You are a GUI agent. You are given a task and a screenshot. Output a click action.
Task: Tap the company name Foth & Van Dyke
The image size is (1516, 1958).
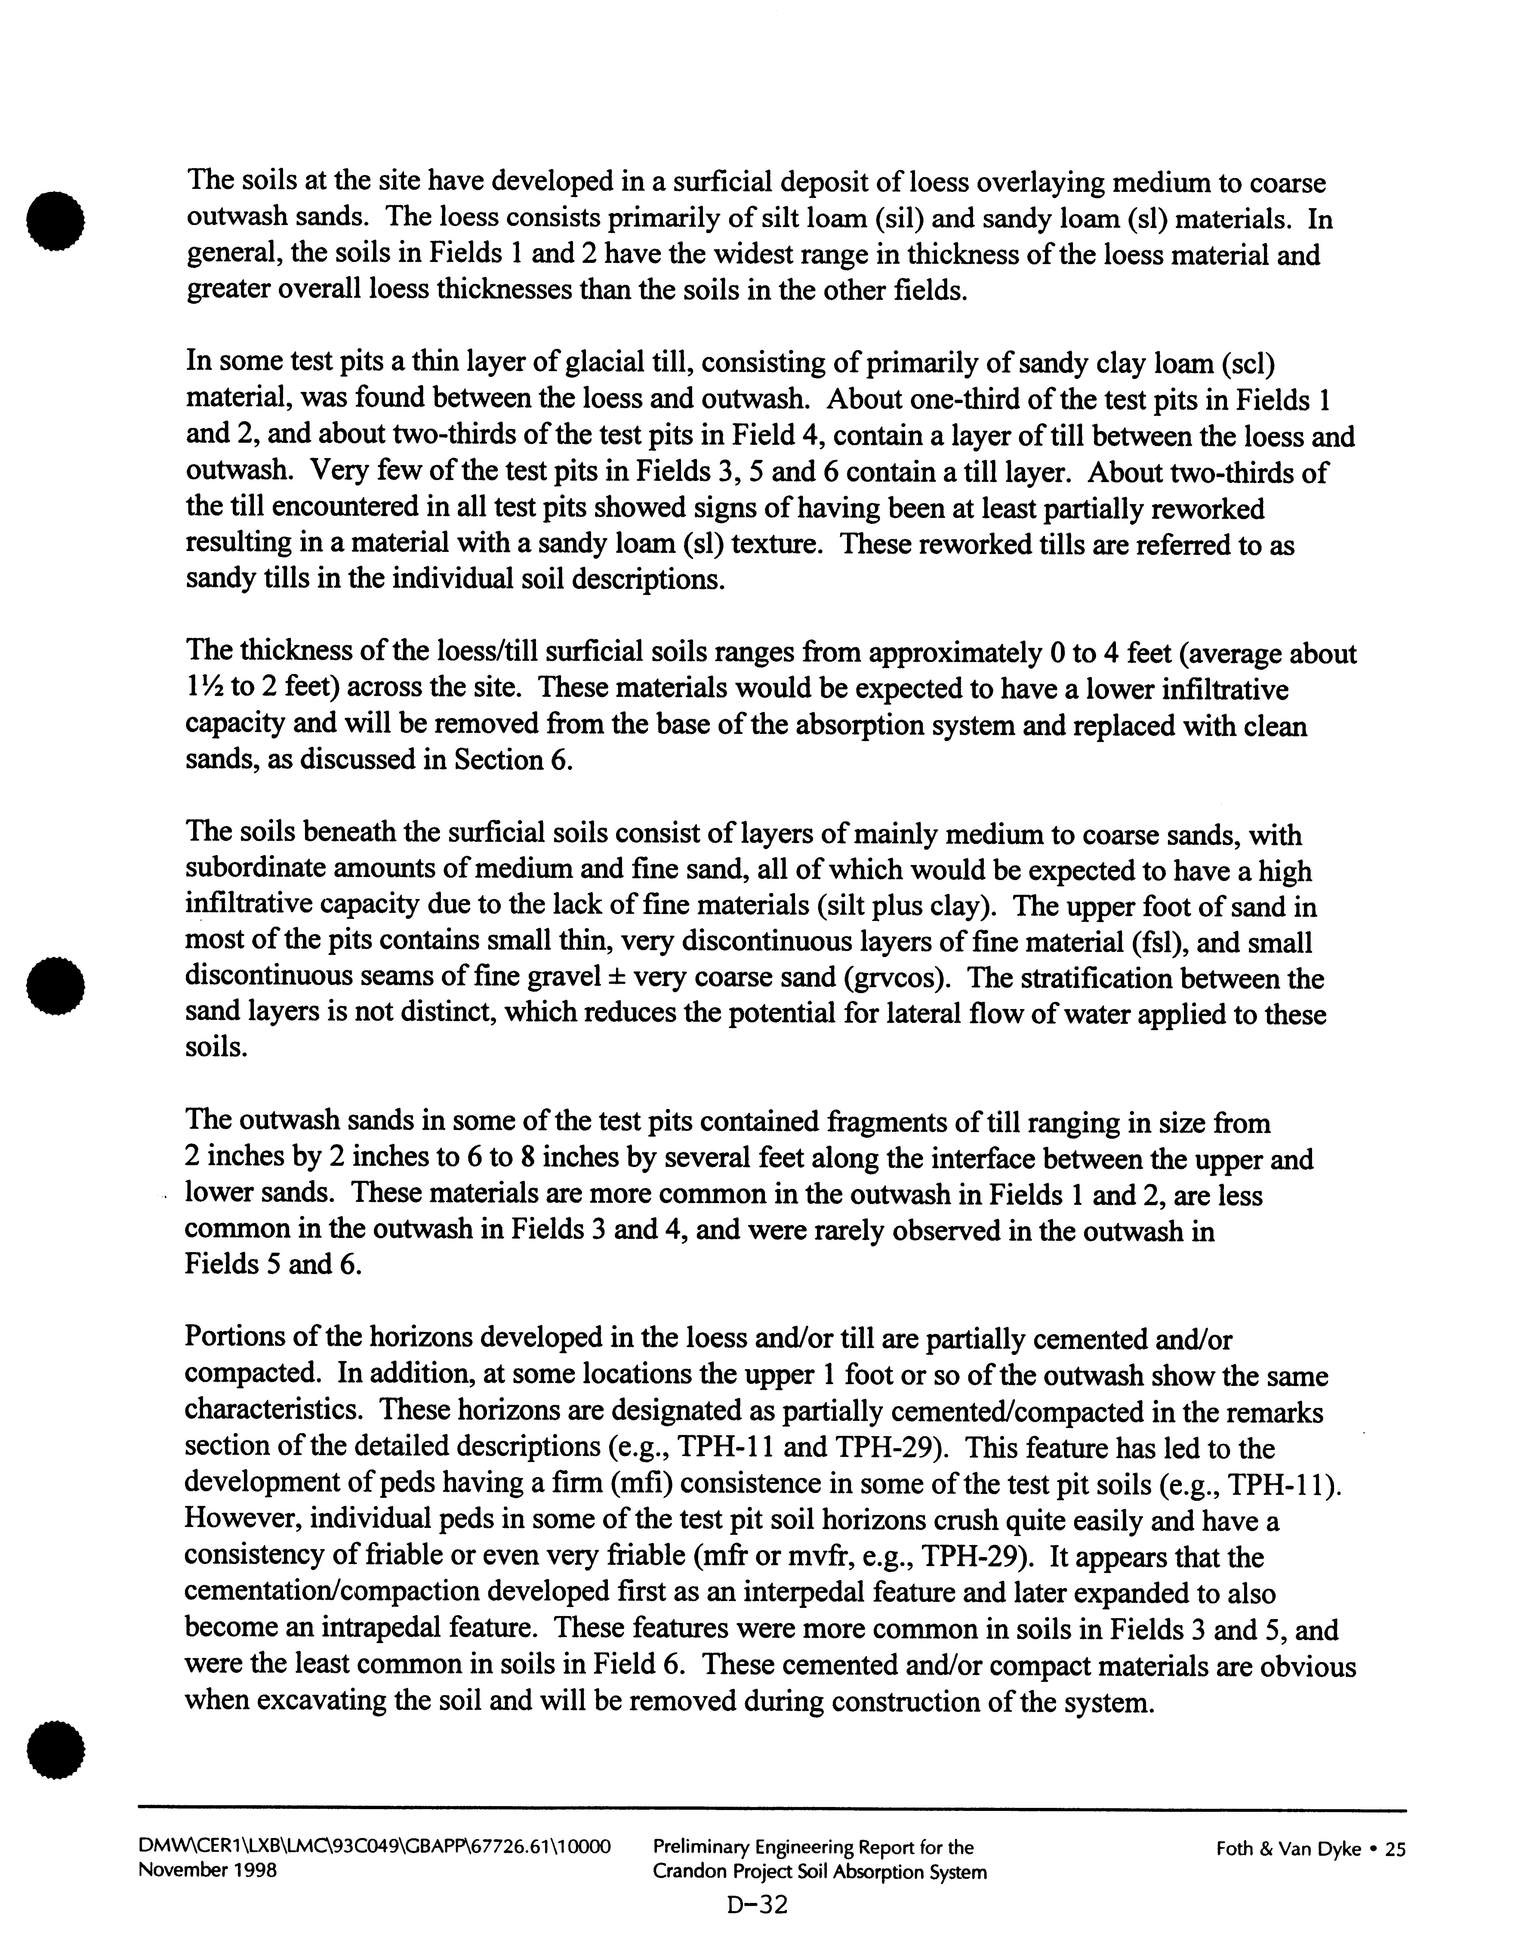pyautogui.click(x=1288, y=1848)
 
